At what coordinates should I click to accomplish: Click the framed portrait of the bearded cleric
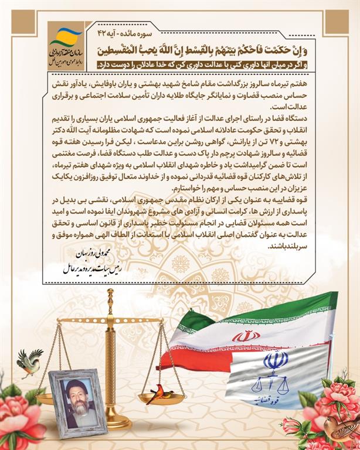point(77,400)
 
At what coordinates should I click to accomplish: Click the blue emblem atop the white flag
point(275,360)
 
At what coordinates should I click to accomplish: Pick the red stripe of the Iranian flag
point(193,359)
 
